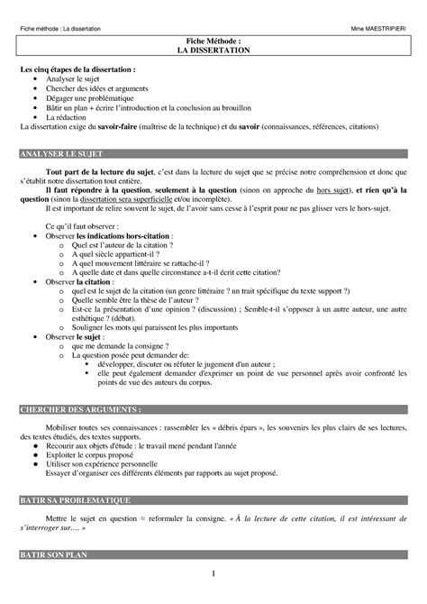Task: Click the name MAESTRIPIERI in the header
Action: point(385,30)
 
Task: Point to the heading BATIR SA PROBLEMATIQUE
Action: point(77,499)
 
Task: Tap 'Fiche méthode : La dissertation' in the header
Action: point(62,30)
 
